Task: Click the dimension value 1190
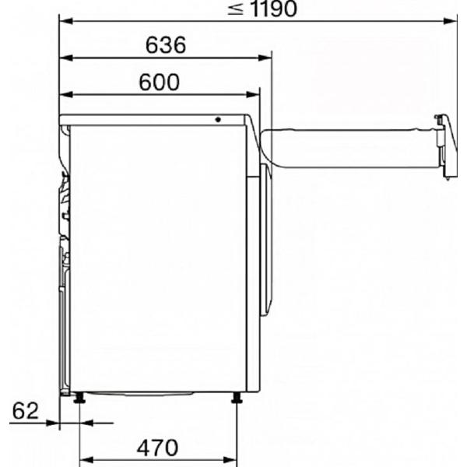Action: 274,9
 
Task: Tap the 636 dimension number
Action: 166,45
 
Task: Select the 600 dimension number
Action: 160,82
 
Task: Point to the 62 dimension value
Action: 26,411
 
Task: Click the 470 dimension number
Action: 157,448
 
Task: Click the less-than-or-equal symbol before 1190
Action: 235,9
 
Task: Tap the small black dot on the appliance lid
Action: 218,120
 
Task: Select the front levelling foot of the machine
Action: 237,398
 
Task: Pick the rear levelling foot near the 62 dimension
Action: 79,398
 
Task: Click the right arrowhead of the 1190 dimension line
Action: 450,21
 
